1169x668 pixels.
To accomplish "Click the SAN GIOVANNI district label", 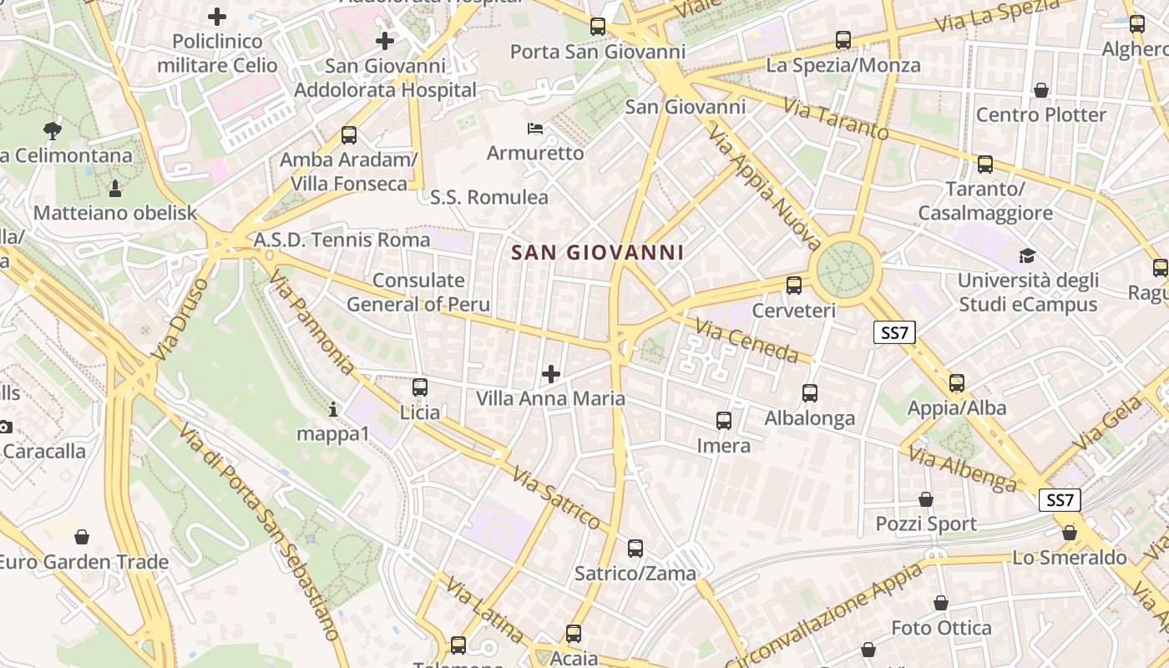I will click(x=597, y=252).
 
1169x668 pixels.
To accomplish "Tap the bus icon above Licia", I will click(x=420, y=387).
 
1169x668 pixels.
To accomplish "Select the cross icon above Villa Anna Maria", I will click(x=551, y=374).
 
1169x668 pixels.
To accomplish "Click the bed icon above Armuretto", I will click(x=535, y=129).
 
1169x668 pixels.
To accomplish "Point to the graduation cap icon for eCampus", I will click(x=1026, y=256).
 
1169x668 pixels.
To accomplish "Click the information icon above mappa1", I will click(x=333, y=409).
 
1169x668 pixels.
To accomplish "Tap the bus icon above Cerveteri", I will click(x=794, y=286).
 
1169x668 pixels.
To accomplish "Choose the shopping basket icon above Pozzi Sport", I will click(x=926, y=499).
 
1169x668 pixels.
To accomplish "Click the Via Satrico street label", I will click(x=556, y=498).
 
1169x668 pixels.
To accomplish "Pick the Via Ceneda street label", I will click(x=747, y=342).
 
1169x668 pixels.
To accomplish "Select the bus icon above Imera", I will click(x=724, y=421).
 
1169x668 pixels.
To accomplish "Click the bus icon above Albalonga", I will click(x=809, y=393).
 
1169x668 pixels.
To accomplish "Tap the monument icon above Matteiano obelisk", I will click(x=115, y=188).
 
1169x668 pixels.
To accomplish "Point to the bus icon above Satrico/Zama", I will click(x=635, y=549).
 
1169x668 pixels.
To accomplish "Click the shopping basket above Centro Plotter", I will click(x=1041, y=89).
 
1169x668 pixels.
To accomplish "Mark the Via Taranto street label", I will click(x=836, y=118).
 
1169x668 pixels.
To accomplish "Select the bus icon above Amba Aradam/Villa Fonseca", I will click(x=349, y=134).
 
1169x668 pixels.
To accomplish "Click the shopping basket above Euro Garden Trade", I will click(x=82, y=536).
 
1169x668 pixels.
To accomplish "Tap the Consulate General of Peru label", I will click(x=418, y=292).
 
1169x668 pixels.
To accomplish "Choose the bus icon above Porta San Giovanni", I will click(x=598, y=27).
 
